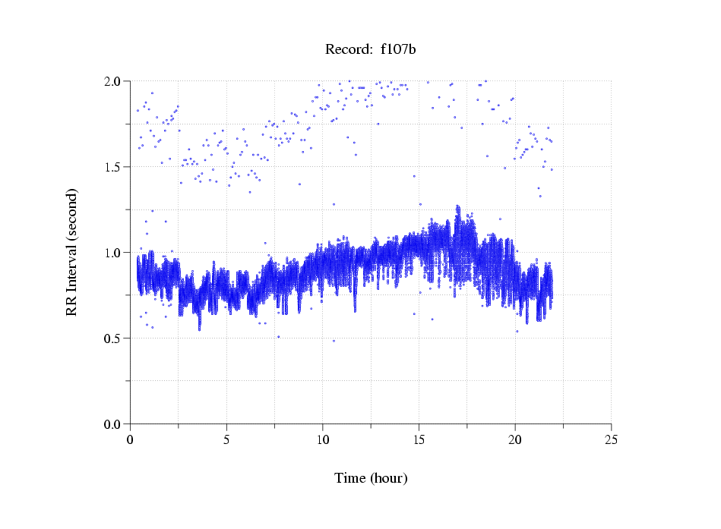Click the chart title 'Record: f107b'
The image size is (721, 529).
click(371, 50)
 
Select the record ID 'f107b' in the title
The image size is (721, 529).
click(398, 50)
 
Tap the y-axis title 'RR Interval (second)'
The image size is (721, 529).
click(72, 251)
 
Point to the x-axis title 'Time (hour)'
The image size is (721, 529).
click(371, 478)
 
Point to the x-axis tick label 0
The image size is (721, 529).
click(131, 439)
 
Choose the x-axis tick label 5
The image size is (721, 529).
click(226, 439)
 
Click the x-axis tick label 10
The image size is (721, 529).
click(323, 439)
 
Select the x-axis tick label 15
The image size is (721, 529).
click(419, 439)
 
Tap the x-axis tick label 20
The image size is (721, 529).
click(515, 439)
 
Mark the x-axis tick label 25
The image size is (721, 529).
click(611, 439)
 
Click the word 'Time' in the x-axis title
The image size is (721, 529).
click(349, 478)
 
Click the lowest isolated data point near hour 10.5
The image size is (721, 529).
click(334, 341)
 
